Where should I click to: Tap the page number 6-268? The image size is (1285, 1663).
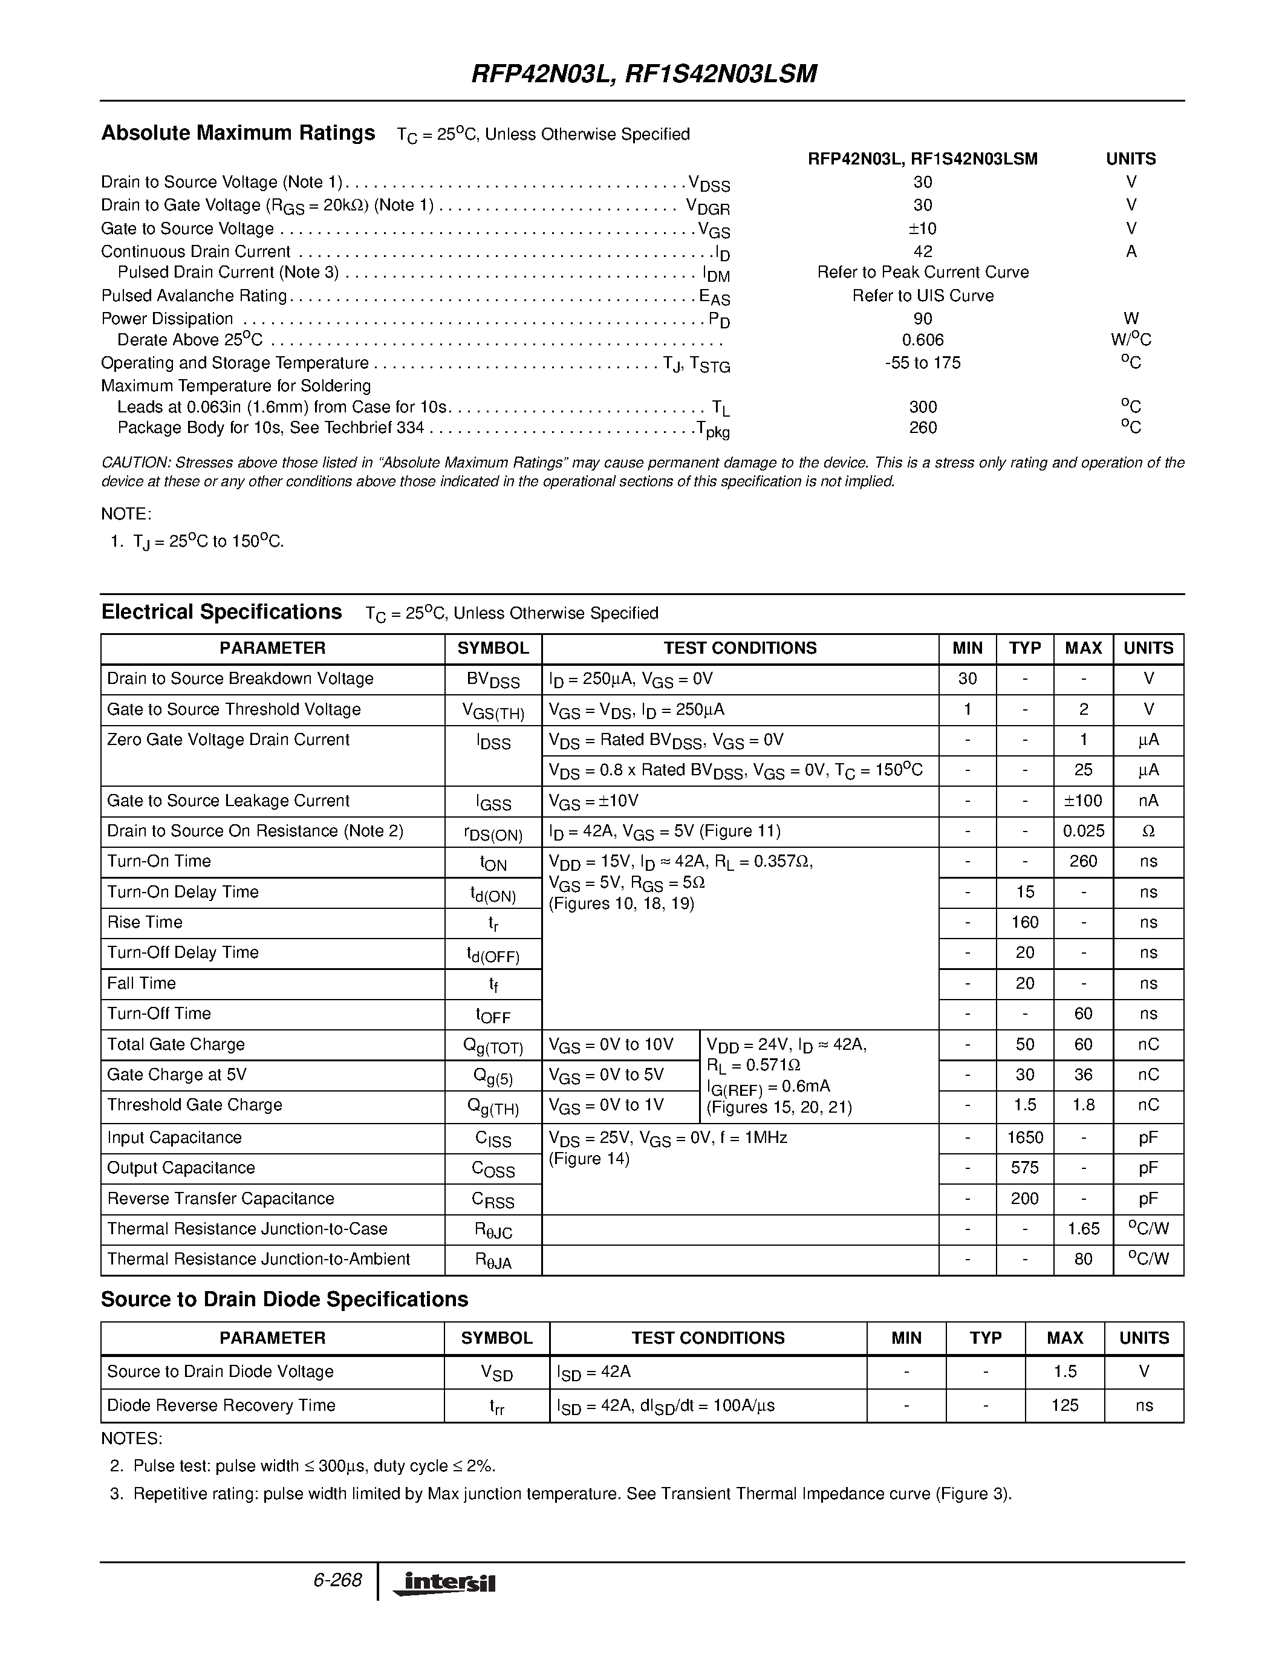pyautogui.click(x=336, y=1580)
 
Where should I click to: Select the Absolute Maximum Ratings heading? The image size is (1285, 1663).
pyautogui.click(x=238, y=133)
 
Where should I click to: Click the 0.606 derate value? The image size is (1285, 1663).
pyautogui.click(x=923, y=340)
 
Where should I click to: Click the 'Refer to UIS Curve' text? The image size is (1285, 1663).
pyautogui.click(x=923, y=296)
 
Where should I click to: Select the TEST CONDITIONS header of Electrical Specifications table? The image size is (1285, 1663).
pyautogui.click(x=740, y=648)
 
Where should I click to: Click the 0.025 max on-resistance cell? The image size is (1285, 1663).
pyautogui.click(x=1083, y=832)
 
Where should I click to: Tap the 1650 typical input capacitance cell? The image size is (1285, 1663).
pyautogui.click(x=1024, y=1137)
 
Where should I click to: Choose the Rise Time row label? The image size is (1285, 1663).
pyautogui.click(x=145, y=923)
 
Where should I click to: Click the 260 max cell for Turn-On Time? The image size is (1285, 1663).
pyautogui.click(x=1083, y=862)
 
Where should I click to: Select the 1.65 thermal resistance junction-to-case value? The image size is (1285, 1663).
pyautogui.click(x=1083, y=1229)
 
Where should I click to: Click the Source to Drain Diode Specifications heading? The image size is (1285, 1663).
pyautogui.click(x=284, y=1300)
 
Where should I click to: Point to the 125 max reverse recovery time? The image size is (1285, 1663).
pyautogui.click(x=1064, y=1405)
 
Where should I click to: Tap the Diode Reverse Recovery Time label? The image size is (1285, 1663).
pyautogui.click(x=221, y=1405)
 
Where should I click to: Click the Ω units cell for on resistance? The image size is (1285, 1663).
pyautogui.click(x=1148, y=832)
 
